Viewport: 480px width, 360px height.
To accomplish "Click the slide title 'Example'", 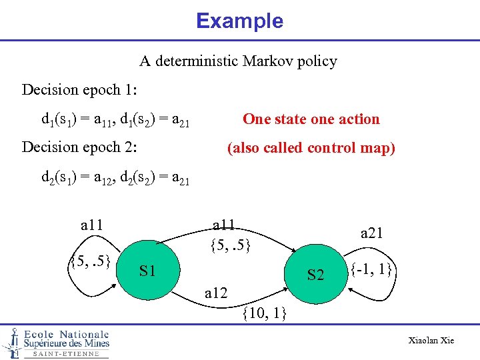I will click(x=239, y=21).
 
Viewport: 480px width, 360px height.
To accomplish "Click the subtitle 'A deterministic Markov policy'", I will click(x=238, y=61).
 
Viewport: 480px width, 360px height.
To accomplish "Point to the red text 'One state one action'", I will click(x=311, y=119).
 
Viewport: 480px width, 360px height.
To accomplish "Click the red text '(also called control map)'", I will click(x=311, y=148).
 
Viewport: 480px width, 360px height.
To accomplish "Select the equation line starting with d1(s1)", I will click(x=115, y=121).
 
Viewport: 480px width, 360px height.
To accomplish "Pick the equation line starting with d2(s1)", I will click(x=115, y=178).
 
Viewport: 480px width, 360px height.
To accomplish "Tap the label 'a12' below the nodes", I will click(x=217, y=293).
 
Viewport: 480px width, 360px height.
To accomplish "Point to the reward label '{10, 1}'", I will click(x=265, y=312).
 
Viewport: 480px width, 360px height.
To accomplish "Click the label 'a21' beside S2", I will click(x=372, y=233).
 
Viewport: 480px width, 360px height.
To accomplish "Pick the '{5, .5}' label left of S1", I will click(x=90, y=260).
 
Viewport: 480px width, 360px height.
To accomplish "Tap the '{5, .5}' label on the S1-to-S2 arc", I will click(x=230, y=245).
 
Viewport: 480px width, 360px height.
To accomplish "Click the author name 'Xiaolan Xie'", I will click(x=431, y=341).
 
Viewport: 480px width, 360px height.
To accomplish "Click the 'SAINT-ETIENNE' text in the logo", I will click(x=65, y=354).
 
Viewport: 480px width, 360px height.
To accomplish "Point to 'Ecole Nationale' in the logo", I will click(x=66, y=334).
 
